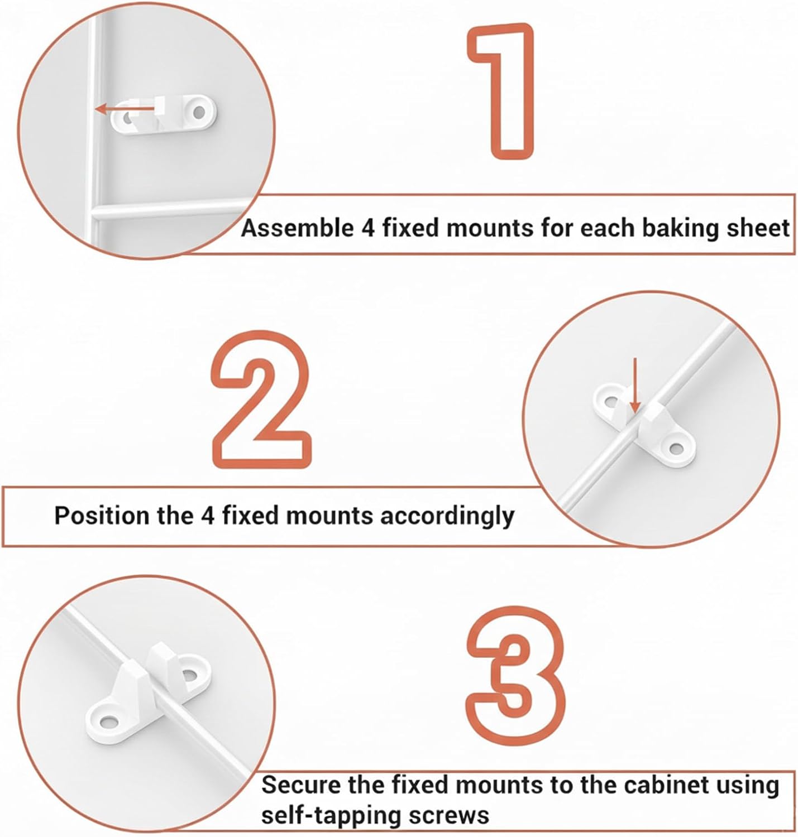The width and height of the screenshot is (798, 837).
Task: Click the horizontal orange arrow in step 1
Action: pos(126,109)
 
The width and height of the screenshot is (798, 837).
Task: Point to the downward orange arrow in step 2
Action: pos(635,385)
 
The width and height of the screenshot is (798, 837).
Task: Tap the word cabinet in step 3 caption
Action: pos(665,785)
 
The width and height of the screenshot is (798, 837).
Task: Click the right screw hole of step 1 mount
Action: pos(199,112)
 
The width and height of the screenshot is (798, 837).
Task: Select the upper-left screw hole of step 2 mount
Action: pos(611,401)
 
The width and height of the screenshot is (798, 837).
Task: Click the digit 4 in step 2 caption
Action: pos(207,516)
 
